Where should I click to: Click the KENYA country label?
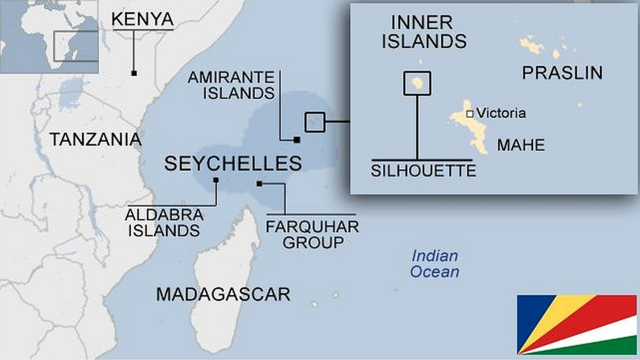[142, 19]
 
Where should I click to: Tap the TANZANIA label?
[96, 139]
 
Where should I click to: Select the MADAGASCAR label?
[223, 294]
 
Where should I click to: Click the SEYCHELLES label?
[233, 163]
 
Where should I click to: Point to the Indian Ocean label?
[435, 264]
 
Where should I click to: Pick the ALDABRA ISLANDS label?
[164, 223]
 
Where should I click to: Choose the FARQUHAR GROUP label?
[312, 235]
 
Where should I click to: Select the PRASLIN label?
[562, 73]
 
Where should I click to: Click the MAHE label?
[521, 145]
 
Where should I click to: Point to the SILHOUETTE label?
[423, 171]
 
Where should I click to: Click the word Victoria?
[501, 113]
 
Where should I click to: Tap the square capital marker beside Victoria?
[470, 113]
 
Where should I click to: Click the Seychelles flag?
[576, 324]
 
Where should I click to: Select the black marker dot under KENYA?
[134, 73]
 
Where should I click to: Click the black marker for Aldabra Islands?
[216, 180]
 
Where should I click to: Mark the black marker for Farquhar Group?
[260, 184]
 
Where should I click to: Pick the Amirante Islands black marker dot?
[296, 139]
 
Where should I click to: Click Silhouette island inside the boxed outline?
[417, 83]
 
